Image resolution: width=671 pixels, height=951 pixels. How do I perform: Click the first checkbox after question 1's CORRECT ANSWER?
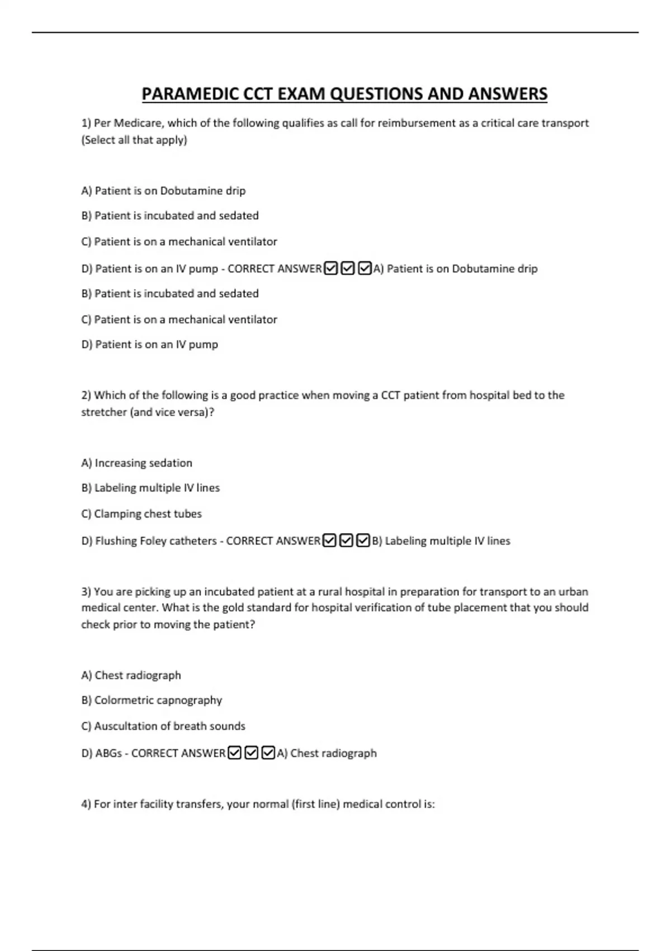(330, 269)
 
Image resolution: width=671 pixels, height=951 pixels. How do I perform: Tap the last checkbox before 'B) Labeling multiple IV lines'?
(363, 540)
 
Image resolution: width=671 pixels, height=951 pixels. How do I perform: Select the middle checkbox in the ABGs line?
(251, 753)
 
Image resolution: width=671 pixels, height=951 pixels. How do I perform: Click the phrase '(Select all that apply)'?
(134, 140)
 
